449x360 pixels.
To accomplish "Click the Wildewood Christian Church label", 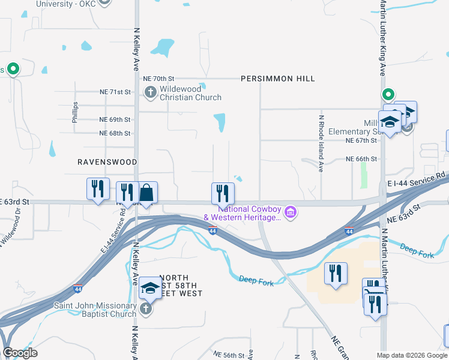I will click(190, 92).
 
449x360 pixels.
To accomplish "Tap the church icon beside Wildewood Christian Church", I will click(150, 92).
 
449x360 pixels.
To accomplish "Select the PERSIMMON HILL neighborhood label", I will click(278, 79).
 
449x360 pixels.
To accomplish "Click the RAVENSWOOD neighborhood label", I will click(107, 162).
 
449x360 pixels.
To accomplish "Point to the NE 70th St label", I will click(158, 79).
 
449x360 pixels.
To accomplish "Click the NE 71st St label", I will click(115, 92).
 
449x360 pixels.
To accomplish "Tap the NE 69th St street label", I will click(115, 120).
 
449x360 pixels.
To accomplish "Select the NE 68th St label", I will click(115, 133).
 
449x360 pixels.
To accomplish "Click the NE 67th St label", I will click(361, 140).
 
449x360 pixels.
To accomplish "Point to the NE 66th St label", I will click(361, 159).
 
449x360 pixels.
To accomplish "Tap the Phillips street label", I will click(75, 112).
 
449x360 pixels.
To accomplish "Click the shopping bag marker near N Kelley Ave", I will click(146, 193).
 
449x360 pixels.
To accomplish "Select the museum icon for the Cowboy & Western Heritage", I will click(291, 212).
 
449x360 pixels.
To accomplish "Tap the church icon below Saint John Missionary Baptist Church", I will click(145, 309).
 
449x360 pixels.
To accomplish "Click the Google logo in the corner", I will click(20, 353).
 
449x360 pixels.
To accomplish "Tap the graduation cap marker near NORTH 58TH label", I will click(151, 289).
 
